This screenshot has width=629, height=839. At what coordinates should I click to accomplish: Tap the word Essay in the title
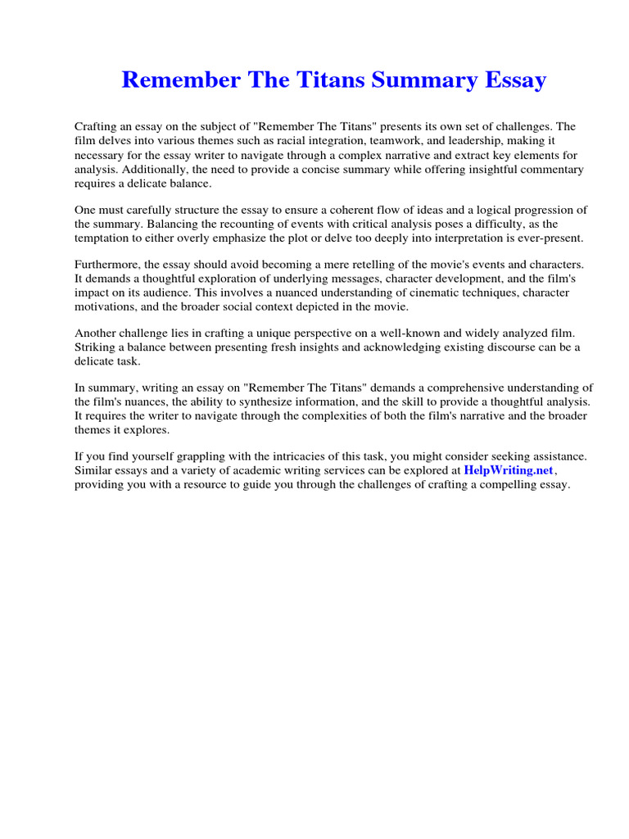[511, 80]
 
